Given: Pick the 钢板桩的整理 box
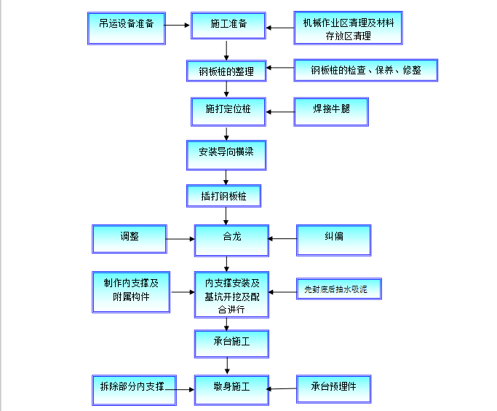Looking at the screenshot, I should tap(226, 71).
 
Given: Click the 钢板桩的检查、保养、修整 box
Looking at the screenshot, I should tap(366, 71).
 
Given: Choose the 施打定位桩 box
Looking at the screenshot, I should tap(228, 111).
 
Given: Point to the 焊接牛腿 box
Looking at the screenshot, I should tap(331, 111).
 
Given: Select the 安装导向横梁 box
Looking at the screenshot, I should tap(226, 154).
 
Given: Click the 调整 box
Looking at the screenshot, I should tap(130, 239).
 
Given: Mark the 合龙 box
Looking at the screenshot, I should tap(231, 239).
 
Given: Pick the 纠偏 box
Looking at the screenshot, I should tap(334, 239).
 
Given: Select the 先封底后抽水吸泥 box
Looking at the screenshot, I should tap(338, 290).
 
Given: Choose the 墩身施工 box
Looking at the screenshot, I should tap(231, 388).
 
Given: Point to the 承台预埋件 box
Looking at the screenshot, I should tap(334, 387).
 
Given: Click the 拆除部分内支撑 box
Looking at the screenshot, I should tap(132, 385).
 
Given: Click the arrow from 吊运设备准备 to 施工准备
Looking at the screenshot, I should tap(178, 26).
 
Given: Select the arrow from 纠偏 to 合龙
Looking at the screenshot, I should tap(282, 238).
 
